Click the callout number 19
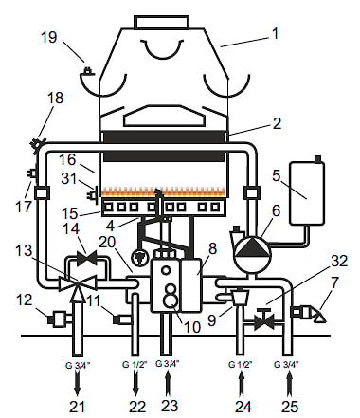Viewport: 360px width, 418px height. [49, 37]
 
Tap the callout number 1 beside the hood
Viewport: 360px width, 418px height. [276, 33]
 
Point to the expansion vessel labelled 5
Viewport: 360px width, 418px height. [307, 193]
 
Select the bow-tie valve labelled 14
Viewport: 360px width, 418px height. [87, 258]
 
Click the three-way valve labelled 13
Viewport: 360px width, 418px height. [78, 282]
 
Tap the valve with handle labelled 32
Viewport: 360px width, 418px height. [264, 320]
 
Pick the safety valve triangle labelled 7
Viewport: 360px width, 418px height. [319, 316]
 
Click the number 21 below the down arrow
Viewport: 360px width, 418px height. [77, 407]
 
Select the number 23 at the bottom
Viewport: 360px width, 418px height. [170, 406]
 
